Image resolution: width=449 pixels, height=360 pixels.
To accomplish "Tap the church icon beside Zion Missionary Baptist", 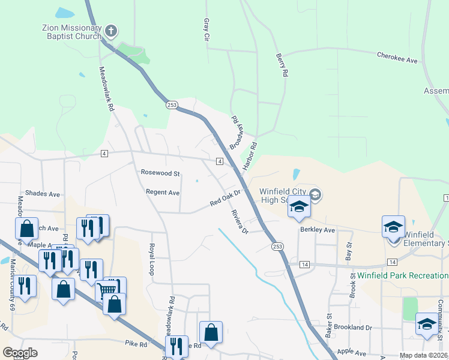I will (x=110, y=31).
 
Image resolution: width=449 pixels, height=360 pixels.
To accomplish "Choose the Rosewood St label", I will (x=160, y=173).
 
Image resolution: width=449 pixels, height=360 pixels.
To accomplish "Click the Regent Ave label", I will (x=163, y=193).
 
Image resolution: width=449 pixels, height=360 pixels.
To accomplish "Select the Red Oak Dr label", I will (x=225, y=199).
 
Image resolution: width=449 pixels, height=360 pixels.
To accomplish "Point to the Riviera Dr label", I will (x=240, y=222).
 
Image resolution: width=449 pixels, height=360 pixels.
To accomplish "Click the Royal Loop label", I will (x=153, y=257).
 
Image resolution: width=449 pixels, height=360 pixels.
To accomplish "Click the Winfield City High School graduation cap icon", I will (x=299, y=207).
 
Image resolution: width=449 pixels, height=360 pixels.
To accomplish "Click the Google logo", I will (x=20, y=353).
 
